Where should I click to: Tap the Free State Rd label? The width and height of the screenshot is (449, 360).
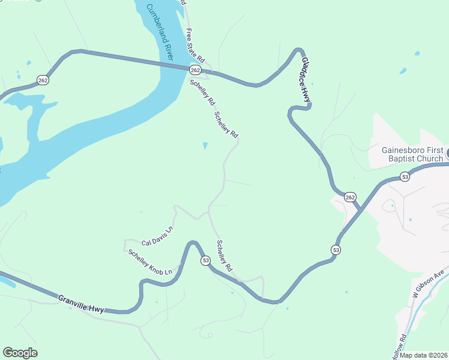(196, 46)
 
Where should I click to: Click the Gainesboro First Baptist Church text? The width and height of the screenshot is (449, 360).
(413, 154)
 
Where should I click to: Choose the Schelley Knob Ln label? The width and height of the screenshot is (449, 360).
(149, 262)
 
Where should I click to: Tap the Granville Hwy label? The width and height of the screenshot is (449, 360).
(81, 303)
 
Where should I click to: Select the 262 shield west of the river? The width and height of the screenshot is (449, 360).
(42, 79)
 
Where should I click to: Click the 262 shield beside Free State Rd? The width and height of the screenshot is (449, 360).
(203, 70)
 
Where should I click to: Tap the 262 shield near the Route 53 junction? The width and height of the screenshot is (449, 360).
(350, 197)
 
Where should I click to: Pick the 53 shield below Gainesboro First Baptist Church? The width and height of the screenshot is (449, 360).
(405, 176)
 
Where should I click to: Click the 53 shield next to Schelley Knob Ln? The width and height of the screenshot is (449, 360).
(206, 260)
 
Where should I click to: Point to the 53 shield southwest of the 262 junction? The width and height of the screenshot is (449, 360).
(336, 249)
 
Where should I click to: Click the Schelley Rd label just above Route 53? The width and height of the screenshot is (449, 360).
(224, 256)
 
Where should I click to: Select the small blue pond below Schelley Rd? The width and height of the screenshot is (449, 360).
(206, 146)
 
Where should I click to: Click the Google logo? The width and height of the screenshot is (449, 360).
(20, 353)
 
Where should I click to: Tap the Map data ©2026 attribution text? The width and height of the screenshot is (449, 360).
(424, 355)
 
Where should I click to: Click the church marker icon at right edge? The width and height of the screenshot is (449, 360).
(447, 157)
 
